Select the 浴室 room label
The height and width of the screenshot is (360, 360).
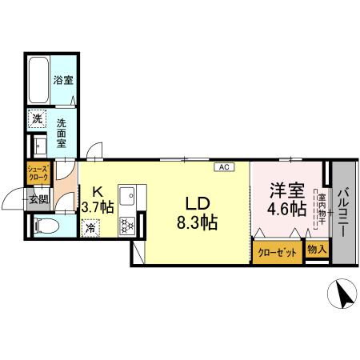(x=63, y=80)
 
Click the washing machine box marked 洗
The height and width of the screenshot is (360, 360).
(x=38, y=120)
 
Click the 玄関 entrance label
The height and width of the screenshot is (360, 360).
(x=38, y=199)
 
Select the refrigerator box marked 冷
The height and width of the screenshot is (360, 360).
(x=90, y=227)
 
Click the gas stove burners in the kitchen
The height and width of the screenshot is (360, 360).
(x=126, y=226)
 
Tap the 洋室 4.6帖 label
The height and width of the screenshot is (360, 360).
(x=286, y=199)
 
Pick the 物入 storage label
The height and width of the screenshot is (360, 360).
(x=317, y=250)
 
